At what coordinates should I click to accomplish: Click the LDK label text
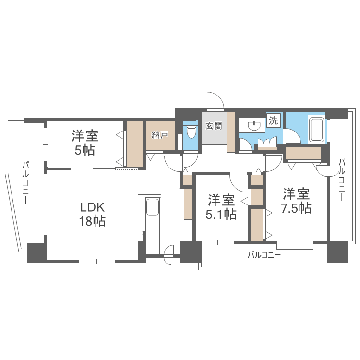click(92, 208)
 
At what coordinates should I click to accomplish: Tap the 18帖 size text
click(92, 222)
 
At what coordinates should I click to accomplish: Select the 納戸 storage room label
click(160, 135)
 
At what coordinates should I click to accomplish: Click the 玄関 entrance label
click(214, 126)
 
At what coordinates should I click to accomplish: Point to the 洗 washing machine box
click(273, 120)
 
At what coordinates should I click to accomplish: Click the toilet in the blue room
click(191, 131)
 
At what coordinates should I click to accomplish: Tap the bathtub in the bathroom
click(316, 129)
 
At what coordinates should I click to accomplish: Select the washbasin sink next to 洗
click(254, 126)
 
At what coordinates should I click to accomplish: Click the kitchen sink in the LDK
click(153, 208)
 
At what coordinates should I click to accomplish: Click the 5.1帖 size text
click(221, 214)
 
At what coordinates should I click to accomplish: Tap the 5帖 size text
click(85, 150)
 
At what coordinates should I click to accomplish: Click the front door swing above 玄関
click(215, 101)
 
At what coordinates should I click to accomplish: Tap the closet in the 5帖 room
click(134, 144)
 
